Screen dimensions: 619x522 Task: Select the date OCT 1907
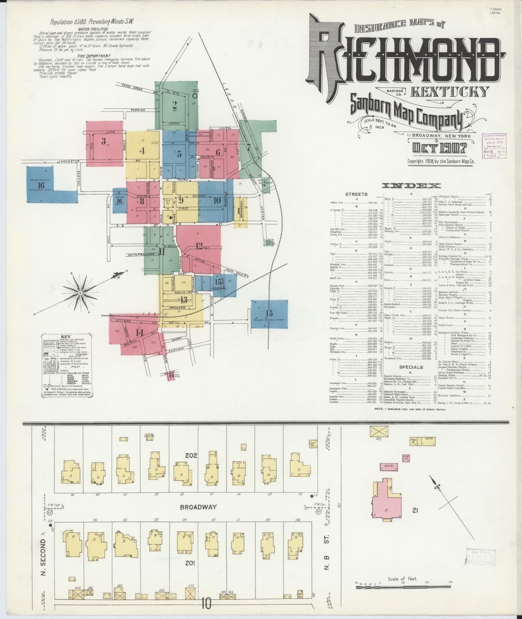[x=444, y=149]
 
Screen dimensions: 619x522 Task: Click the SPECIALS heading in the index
[x=410, y=367]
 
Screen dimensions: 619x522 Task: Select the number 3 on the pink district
[x=104, y=141]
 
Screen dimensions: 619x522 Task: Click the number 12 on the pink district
[x=200, y=247]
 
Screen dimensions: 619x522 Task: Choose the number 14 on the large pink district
[x=138, y=332]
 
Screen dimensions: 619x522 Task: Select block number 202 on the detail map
[x=192, y=457]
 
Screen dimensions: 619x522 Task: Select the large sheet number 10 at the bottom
[x=207, y=602]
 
